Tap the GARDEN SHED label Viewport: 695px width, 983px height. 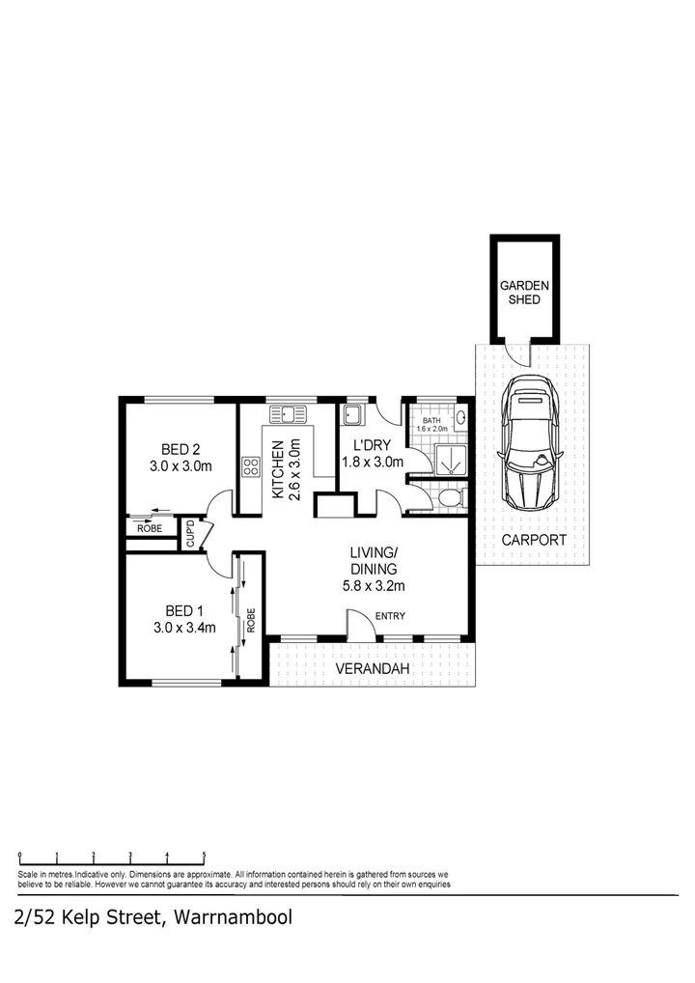click(524, 293)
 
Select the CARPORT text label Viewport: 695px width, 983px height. click(533, 540)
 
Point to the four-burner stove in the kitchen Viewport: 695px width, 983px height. click(251, 467)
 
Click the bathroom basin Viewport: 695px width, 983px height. click(460, 419)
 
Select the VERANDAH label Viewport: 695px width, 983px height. click(373, 669)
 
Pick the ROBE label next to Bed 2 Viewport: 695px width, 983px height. click(150, 528)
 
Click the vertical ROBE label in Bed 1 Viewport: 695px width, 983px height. click(251, 619)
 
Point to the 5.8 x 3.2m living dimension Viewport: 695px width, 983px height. click(375, 585)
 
